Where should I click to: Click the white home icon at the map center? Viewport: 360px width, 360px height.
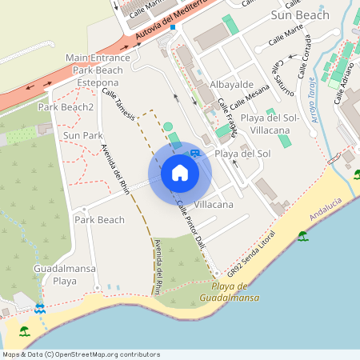pyautogui.click(x=180, y=173)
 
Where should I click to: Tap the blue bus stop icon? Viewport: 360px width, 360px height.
pyautogui.click(x=194, y=153)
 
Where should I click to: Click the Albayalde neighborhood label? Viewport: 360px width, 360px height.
pyautogui.click(x=231, y=84)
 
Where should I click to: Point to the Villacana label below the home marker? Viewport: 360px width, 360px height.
pyautogui.click(x=214, y=205)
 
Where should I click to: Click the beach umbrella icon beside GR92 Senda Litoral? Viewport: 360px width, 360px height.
pyautogui.click(x=302, y=236)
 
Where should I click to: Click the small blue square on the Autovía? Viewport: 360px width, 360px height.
pyautogui.click(x=172, y=26)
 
